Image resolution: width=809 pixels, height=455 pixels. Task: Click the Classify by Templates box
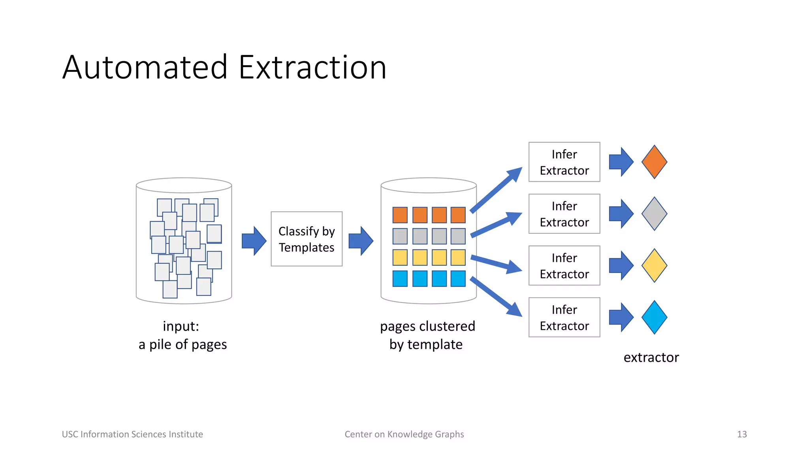(x=307, y=239)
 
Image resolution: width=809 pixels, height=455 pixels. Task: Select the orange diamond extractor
(x=654, y=162)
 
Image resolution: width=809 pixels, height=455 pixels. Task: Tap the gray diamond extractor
(x=654, y=214)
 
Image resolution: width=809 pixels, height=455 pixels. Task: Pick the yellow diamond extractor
(x=654, y=265)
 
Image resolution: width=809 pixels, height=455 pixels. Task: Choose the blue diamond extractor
(x=654, y=317)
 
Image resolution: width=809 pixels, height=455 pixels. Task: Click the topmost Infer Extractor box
(x=564, y=162)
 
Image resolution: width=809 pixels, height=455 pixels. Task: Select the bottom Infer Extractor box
(x=564, y=317)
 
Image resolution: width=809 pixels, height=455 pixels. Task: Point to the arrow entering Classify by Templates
(x=254, y=241)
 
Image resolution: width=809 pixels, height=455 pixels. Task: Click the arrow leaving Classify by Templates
(x=361, y=241)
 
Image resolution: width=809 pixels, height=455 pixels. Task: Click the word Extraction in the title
(x=312, y=67)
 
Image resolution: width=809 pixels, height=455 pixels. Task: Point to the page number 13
(x=742, y=434)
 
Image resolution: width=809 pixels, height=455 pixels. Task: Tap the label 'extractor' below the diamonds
(x=651, y=357)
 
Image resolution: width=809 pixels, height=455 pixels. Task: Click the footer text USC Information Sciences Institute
(x=132, y=434)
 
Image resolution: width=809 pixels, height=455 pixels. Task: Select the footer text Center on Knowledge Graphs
(x=404, y=434)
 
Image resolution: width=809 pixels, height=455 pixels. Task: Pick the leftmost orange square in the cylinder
(x=400, y=215)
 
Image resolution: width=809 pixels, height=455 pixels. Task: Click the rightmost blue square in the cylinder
(x=458, y=278)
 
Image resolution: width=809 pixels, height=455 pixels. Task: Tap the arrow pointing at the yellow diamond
(x=621, y=265)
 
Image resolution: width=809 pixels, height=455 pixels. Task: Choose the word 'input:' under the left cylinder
(x=181, y=327)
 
